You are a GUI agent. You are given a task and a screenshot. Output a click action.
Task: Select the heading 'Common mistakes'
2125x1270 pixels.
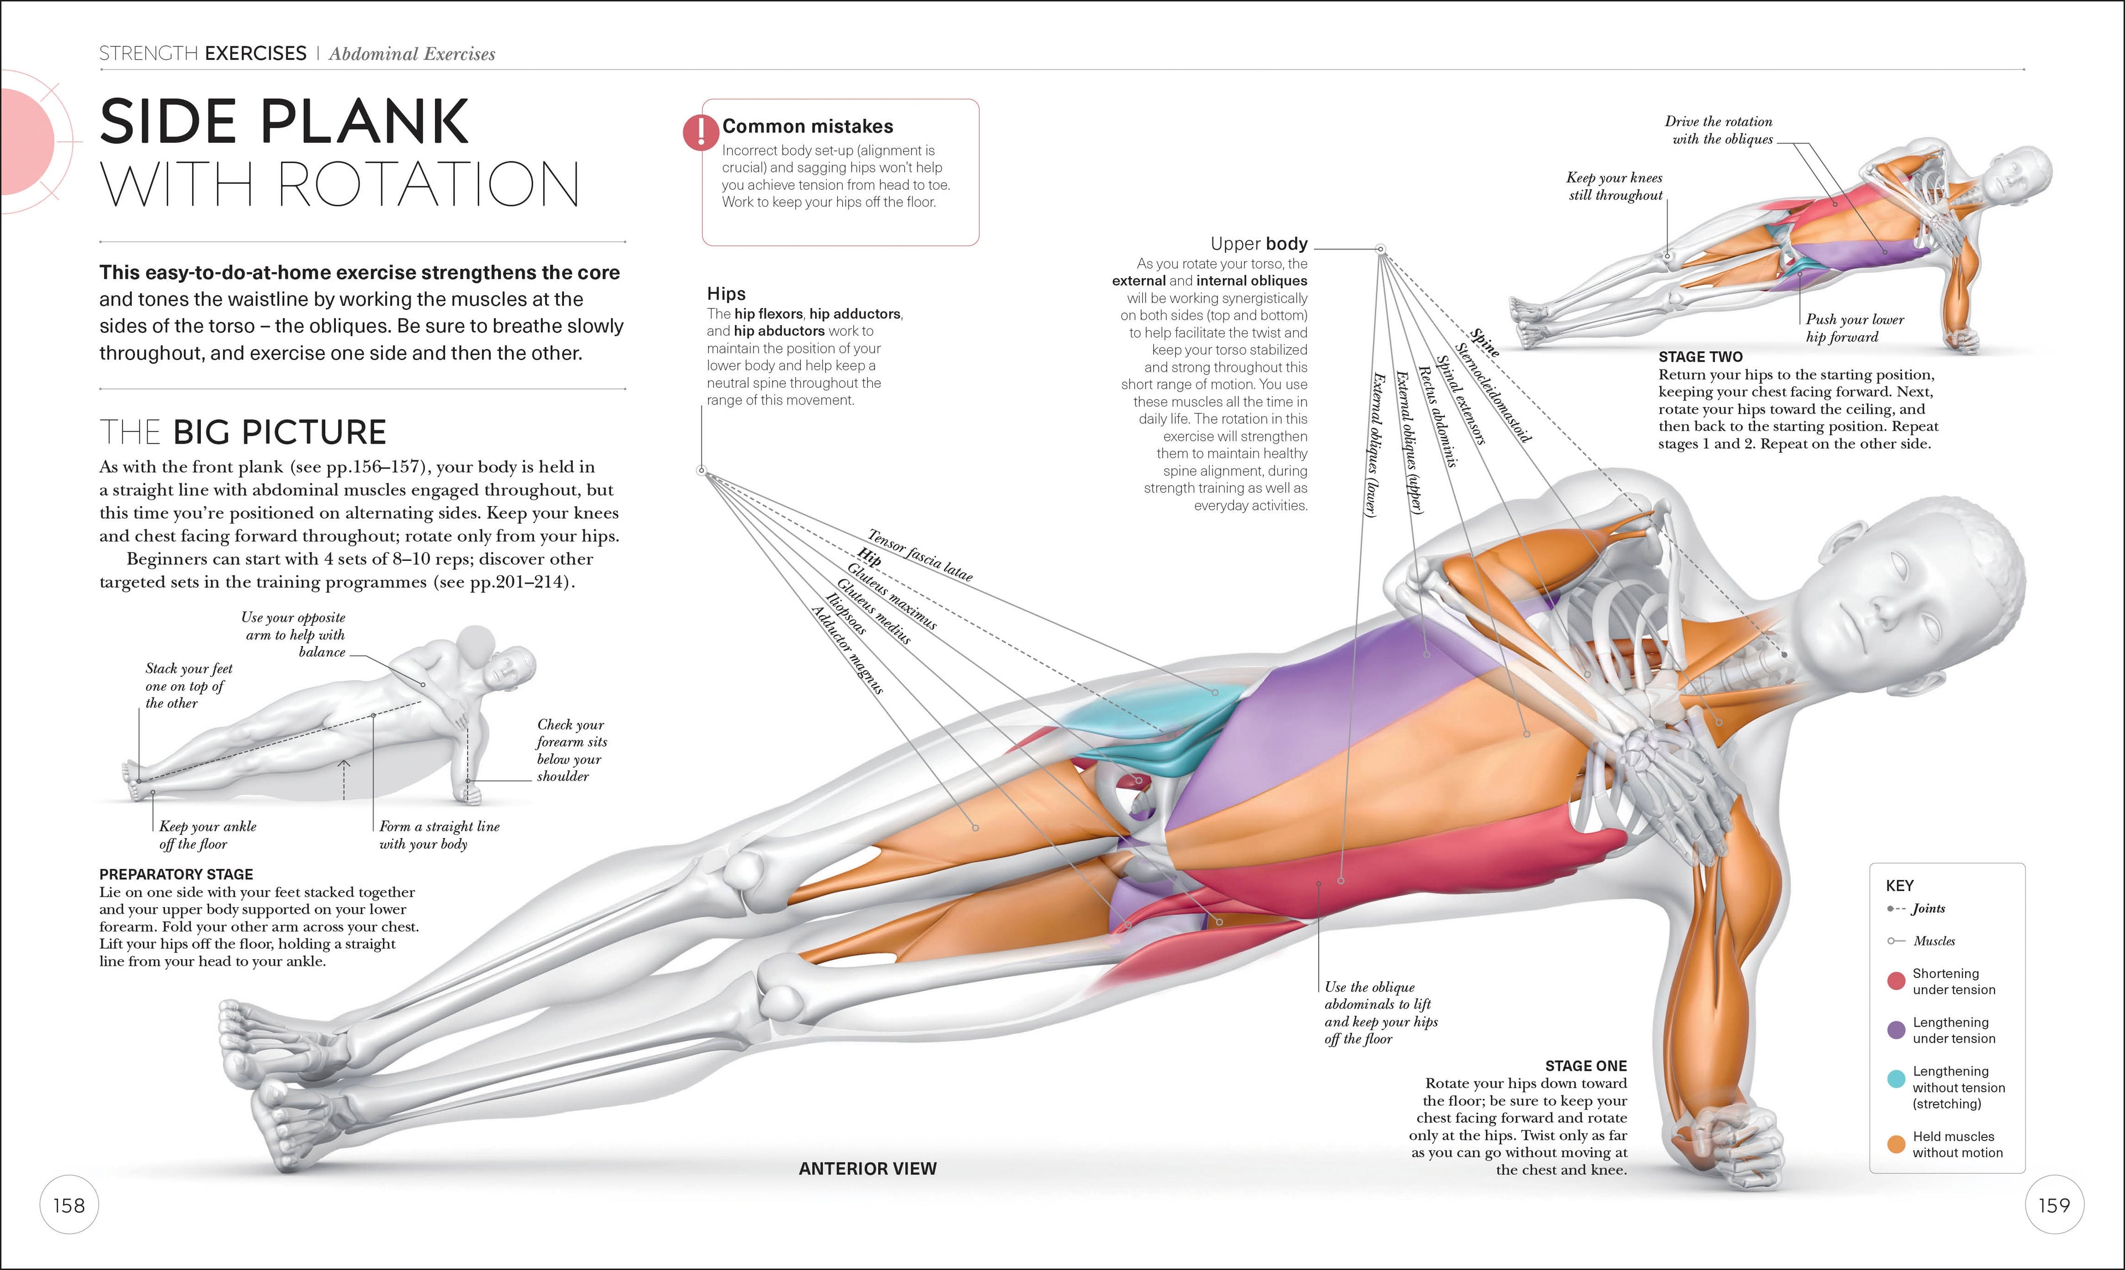(x=807, y=127)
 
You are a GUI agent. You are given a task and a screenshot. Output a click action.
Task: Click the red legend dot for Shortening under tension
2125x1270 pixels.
(x=1895, y=981)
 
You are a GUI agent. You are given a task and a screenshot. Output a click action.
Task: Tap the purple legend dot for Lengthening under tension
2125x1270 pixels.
(x=1895, y=1029)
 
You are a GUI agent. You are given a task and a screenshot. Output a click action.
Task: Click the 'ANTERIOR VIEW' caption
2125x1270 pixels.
(x=867, y=1169)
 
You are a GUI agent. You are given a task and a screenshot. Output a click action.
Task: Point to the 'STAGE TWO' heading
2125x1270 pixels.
(x=1699, y=357)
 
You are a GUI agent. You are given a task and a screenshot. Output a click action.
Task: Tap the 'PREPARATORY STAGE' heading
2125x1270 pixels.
(x=177, y=875)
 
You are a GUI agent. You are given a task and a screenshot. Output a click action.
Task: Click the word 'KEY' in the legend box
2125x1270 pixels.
(x=1899, y=886)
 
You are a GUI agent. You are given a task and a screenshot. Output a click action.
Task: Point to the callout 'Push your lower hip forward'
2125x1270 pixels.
(x=1854, y=328)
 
